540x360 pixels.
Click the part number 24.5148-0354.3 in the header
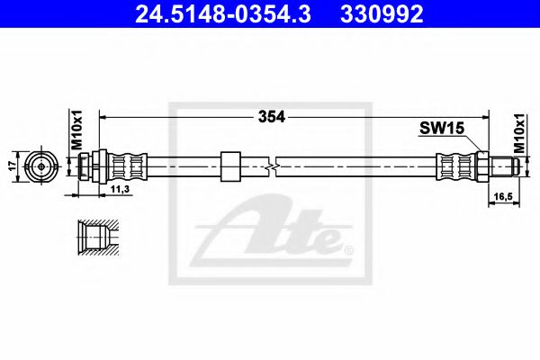(223, 14)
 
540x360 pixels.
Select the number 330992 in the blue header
(382, 14)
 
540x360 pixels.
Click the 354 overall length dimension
(272, 117)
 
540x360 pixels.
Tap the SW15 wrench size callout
(442, 129)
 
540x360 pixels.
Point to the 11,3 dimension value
(120, 188)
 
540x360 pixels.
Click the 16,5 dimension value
(503, 196)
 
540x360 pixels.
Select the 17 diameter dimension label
(13, 166)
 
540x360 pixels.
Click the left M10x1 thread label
(77, 130)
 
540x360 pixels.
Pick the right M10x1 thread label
(519, 133)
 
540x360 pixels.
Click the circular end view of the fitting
(41, 166)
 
